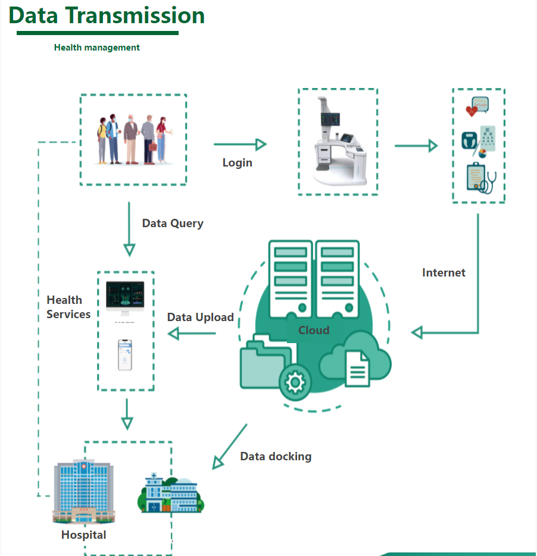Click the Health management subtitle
pos(96,48)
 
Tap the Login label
pos(238,163)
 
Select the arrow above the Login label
pos(239,144)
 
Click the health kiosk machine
pos(338,143)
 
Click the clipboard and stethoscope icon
pos(480,178)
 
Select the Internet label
pos(444,273)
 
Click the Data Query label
pos(173,224)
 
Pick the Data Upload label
pos(200,318)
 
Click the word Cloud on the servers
pos(314,331)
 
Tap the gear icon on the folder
pos(295,381)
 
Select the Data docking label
pos(276,457)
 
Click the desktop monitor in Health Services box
pos(125,298)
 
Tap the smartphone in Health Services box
pos(125,355)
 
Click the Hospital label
pos(83,535)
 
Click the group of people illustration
pos(133,140)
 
